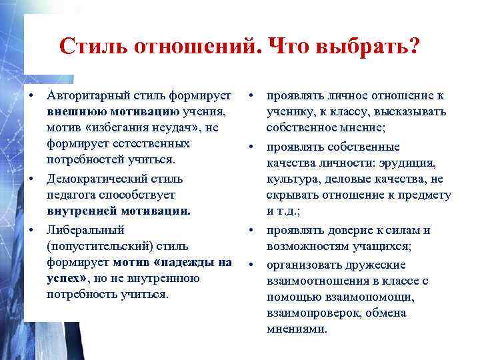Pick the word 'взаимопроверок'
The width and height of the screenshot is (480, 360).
point(309,313)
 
